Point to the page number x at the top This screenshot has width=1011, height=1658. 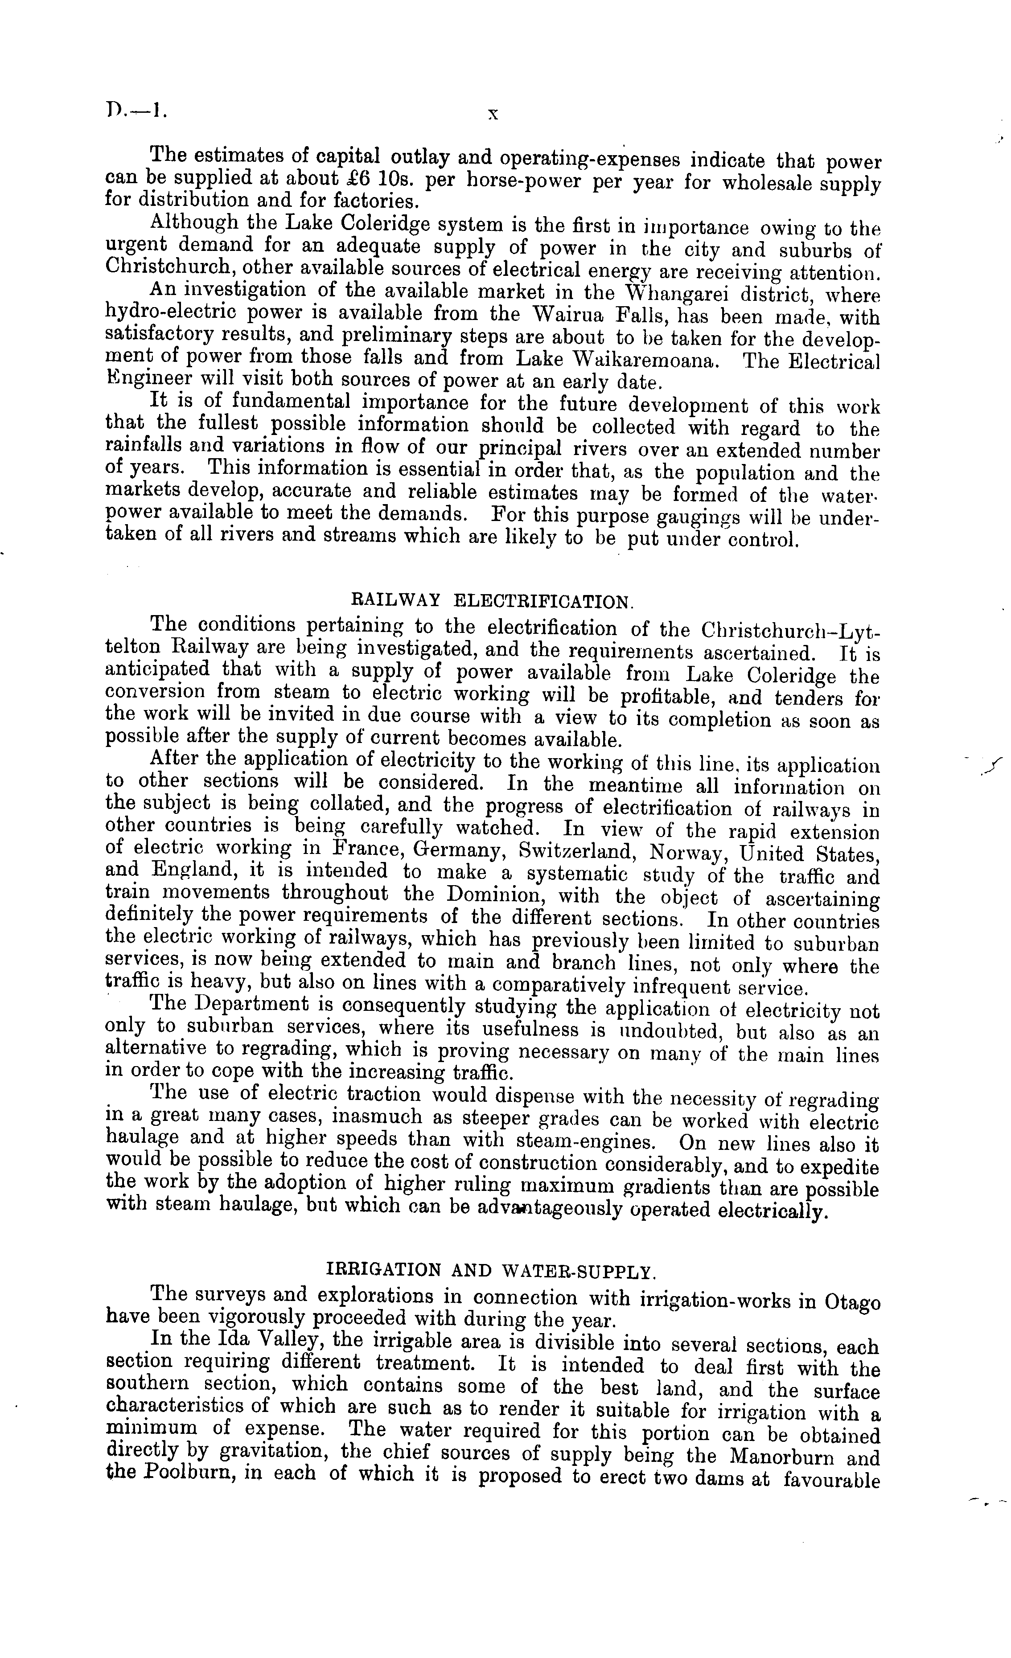(x=493, y=115)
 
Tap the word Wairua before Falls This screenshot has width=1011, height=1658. (x=576, y=316)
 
